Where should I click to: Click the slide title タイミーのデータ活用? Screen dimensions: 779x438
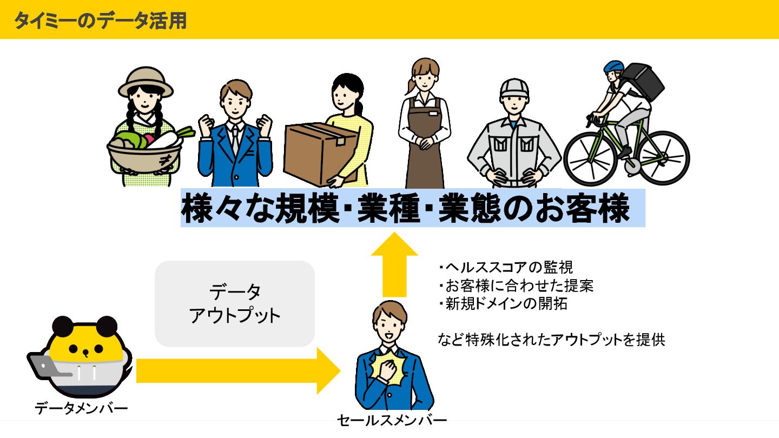[x=100, y=20]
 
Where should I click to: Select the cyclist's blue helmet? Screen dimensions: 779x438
[x=613, y=67]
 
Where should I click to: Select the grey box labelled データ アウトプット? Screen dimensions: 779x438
[x=235, y=303]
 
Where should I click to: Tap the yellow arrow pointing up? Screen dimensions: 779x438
[x=395, y=265]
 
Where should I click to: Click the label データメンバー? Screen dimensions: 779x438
[x=81, y=408]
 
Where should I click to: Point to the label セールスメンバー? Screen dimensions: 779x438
[x=392, y=420]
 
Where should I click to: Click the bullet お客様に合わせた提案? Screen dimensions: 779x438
[x=516, y=285]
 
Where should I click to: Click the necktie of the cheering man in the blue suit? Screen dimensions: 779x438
[x=235, y=137]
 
